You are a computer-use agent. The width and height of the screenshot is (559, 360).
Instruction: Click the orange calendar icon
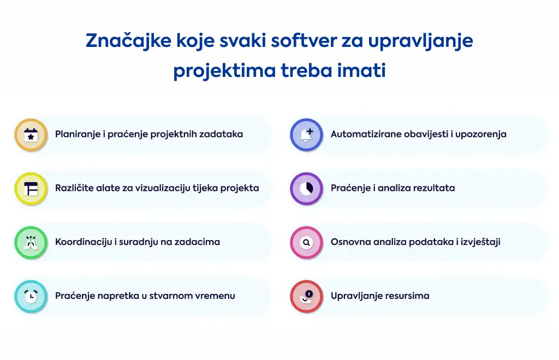pos(31,135)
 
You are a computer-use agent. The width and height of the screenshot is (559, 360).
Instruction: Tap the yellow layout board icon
pos(31,189)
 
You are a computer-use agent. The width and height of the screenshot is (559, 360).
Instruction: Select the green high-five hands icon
pos(31,243)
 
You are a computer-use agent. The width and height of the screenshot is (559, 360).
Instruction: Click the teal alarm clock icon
pos(31,296)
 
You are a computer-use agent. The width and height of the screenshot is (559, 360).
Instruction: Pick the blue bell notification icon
pos(307,135)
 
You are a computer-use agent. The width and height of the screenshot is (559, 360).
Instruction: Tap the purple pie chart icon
pos(307,189)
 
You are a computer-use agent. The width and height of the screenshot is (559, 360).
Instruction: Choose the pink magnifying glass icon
pos(307,243)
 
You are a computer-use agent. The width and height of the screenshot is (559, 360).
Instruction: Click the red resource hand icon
pos(307,296)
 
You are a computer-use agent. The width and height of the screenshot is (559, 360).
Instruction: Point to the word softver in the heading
pos(304,40)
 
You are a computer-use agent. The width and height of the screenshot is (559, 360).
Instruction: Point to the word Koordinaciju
pos(84,242)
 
